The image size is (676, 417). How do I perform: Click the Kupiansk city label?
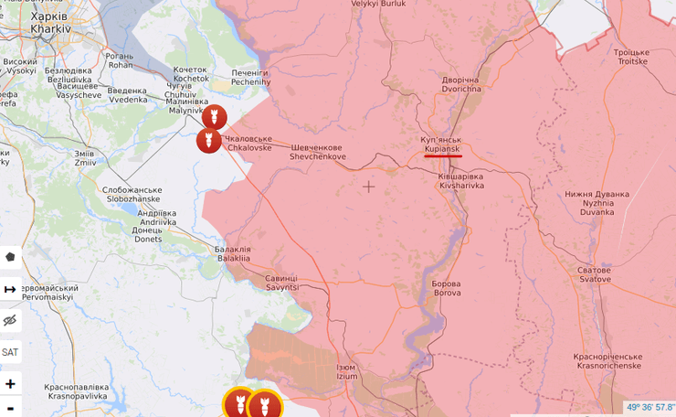pos(442,143)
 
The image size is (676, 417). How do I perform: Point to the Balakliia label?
pos(232,253)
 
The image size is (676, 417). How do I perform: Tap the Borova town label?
pos(447,288)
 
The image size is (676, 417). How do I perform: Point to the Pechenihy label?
pos(250,77)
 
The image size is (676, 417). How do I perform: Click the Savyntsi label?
pos(281,283)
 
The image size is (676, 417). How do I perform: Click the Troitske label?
pos(631,57)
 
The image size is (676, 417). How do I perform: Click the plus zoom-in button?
pos(10,384)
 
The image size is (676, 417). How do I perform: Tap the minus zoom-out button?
pos(10,408)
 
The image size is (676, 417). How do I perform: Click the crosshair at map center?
pos(368,187)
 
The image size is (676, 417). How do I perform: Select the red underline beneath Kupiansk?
pos(443,155)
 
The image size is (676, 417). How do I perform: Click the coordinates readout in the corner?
pos(650,407)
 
